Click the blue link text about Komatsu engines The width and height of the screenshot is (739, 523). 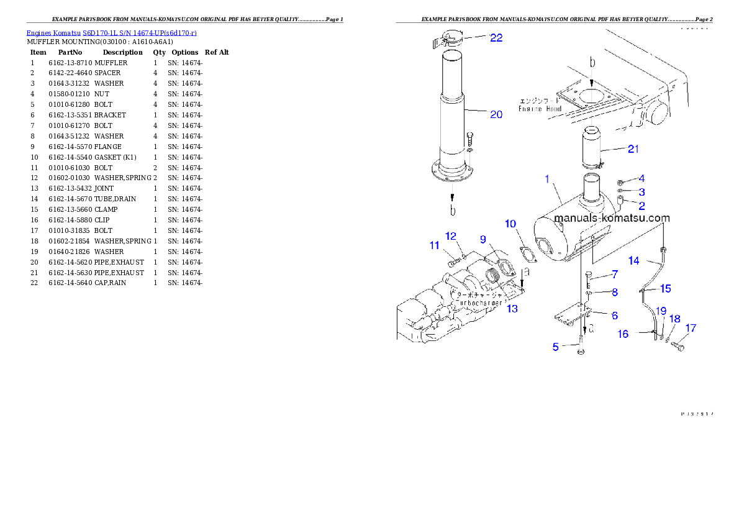[111, 32]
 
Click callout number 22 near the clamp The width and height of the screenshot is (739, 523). [496, 38]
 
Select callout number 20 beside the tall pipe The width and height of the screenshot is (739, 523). [496, 114]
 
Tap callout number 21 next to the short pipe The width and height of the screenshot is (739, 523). [633, 148]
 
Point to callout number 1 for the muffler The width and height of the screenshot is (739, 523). [547, 179]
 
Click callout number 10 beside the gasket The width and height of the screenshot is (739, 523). [510, 224]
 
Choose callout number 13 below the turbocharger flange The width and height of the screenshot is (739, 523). [511, 309]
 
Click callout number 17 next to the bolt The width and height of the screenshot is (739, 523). [691, 328]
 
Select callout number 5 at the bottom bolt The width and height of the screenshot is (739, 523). [556, 347]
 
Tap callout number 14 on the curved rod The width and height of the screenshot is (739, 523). [633, 261]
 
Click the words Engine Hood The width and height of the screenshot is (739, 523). [540, 109]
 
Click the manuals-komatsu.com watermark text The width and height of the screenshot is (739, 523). [612, 218]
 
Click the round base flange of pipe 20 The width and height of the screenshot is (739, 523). [452, 175]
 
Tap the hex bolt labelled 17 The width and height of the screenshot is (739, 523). [678, 345]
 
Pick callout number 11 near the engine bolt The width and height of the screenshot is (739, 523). [434, 245]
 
